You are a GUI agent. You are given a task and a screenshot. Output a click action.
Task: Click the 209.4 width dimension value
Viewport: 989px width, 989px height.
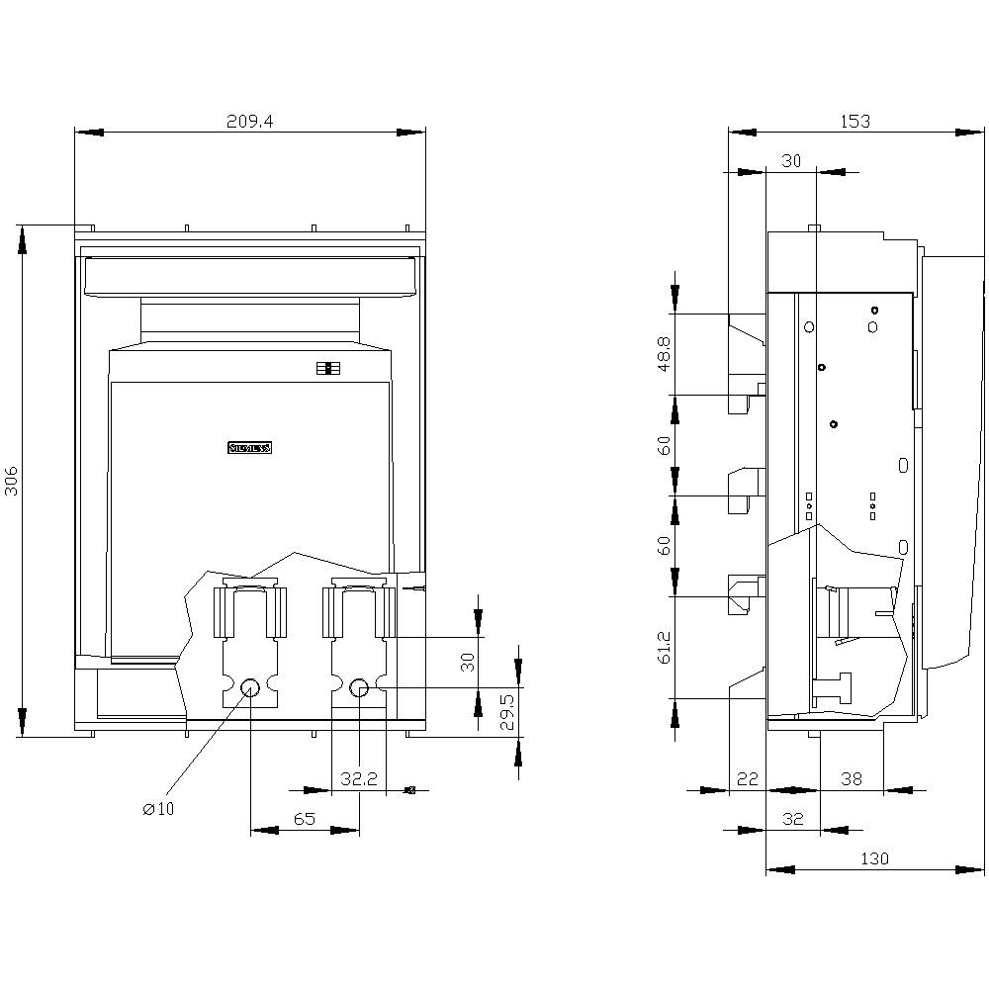[x=249, y=121]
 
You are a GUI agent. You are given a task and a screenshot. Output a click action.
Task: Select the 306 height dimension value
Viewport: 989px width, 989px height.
[x=12, y=482]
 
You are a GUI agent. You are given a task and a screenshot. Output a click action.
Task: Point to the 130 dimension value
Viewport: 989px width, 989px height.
[x=874, y=858]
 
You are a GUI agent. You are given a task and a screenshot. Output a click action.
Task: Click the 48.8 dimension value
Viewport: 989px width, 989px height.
[x=665, y=354]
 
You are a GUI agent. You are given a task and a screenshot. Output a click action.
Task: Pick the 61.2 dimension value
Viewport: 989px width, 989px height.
[x=665, y=648]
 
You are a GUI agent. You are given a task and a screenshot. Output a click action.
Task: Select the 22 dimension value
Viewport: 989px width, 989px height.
[x=748, y=779]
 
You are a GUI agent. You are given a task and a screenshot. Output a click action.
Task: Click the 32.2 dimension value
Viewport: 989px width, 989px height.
[x=359, y=779]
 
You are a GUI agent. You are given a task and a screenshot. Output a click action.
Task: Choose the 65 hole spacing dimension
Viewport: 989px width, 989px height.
[x=304, y=819]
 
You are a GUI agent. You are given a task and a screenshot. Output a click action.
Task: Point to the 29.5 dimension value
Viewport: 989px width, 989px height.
[x=506, y=712]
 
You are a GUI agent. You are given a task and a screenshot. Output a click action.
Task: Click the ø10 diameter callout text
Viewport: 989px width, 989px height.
[x=158, y=809]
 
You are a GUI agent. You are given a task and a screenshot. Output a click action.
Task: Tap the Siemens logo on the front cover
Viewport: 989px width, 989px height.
[x=249, y=448]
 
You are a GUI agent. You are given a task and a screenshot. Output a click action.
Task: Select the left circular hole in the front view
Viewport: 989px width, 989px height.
[x=250, y=687]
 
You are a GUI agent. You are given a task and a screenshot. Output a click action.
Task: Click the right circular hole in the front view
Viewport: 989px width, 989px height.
[x=360, y=687]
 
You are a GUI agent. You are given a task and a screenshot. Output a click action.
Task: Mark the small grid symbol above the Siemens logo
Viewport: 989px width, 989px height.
[x=328, y=369]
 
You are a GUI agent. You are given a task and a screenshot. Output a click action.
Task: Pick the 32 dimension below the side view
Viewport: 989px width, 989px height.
[x=792, y=819]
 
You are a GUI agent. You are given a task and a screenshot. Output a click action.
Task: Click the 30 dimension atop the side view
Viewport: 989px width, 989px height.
[x=791, y=162]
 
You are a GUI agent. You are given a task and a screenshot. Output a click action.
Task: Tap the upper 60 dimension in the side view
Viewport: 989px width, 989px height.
[x=665, y=445]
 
